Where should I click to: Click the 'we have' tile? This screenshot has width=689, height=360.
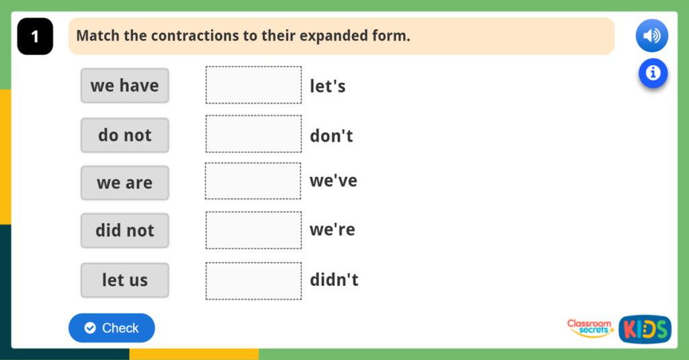pos(124,85)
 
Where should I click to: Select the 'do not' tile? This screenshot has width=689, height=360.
pos(124,135)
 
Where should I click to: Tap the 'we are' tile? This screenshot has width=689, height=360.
pos(124,183)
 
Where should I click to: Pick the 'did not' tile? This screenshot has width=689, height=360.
pos(124,231)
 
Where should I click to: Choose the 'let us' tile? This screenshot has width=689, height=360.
pos(124,280)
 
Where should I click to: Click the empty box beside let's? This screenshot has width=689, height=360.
pos(254,85)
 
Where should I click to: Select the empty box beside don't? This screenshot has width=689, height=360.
pos(254,134)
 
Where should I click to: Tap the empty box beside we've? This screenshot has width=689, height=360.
pos(254,181)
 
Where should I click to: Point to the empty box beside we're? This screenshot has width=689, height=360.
pos(254,230)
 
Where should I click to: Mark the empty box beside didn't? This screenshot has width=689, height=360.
pos(254,281)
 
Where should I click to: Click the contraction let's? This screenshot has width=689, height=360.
pos(328,86)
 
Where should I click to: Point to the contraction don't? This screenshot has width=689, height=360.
pos(331,136)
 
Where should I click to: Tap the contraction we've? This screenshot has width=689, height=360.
pos(333,181)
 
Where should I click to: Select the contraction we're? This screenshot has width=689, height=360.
pos(332,230)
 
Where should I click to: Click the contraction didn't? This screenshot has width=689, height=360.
pos(334,280)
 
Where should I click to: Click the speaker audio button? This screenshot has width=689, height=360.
pos(652,36)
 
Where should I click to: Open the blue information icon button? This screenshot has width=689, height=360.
pos(653,73)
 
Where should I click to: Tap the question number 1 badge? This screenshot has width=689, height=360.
pos(35,36)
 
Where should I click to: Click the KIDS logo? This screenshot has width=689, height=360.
pos(645,329)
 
